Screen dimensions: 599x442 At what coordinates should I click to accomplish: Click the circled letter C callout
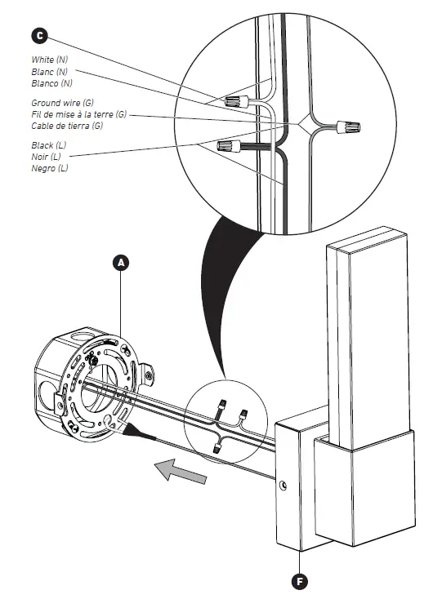pyautogui.click(x=39, y=35)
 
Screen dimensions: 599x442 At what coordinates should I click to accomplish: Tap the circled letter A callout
pyautogui.click(x=121, y=262)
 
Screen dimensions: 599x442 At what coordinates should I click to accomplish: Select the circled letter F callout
pyautogui.click(x=301, y=580)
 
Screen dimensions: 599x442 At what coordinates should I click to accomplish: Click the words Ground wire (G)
pyautogui.click(x=62, y=104)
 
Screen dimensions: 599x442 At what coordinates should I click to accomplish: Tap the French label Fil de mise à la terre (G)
pyautogui.click(x=79, y=115)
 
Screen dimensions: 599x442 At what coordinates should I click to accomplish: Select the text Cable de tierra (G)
pyautogui.click(x=68, y=126)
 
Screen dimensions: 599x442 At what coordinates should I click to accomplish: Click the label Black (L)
pyautogui.click(x=49, y=145)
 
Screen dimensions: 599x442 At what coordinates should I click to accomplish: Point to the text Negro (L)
pyautogui.click(x=50, y=168)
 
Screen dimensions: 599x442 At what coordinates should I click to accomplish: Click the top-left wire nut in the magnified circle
pyautogui.click(x=235, y=102)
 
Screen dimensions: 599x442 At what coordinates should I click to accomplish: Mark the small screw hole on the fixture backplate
pyautogui.click(x=283, y=487)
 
